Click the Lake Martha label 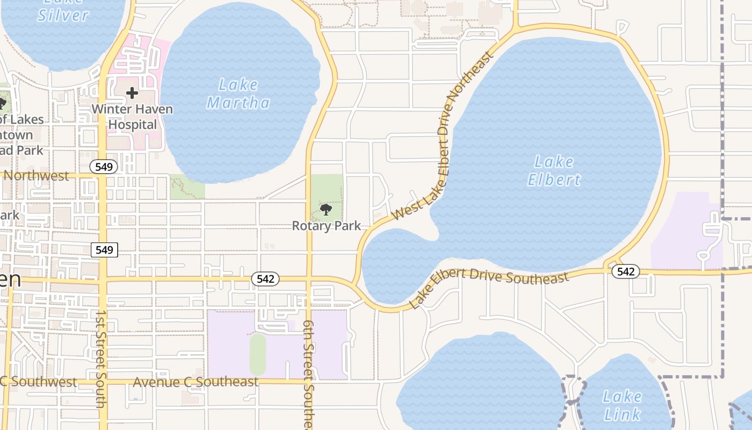coord(238,94)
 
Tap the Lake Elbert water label coord(554,170)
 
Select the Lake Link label coord(622,405)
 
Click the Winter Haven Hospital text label coord(132,117)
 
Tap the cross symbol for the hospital coord(132,94)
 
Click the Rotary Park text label coord(327,226)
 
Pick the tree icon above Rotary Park coord(326,210)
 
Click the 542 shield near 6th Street coord(265,278)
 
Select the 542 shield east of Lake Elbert coord(625,271)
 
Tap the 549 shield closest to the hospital coord(104,167)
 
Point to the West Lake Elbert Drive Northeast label coord(443,137)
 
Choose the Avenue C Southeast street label coord(196,382)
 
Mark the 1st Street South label coord(100,358)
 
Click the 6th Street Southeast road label coord(308,374)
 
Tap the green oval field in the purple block coord(257,354)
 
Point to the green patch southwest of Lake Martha coord(187,187)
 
